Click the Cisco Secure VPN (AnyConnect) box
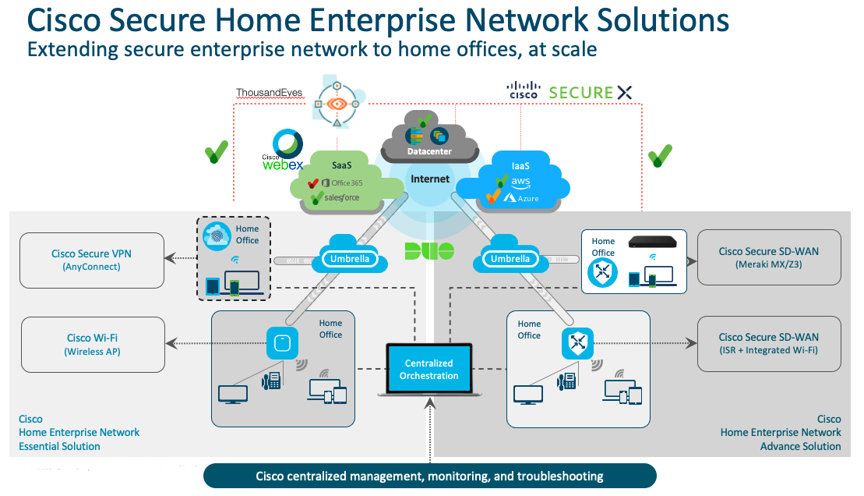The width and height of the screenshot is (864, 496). coord(92,260)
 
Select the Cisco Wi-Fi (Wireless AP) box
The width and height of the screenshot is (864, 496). coord(92,344)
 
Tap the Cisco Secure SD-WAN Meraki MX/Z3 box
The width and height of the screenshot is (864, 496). coord(769,257)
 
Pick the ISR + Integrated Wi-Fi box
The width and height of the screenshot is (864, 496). coord(769,344)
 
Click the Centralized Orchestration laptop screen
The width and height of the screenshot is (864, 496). coord(429,369)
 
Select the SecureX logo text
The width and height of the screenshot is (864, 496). coord(591,92)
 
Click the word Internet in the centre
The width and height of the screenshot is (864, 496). coord(430,179)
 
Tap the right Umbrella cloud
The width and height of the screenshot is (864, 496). coord(510,258)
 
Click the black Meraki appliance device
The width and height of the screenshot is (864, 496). coord(656,243)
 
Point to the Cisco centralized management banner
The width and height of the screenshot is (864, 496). coord(430,476)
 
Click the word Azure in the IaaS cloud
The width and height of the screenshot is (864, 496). coord(527,198)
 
